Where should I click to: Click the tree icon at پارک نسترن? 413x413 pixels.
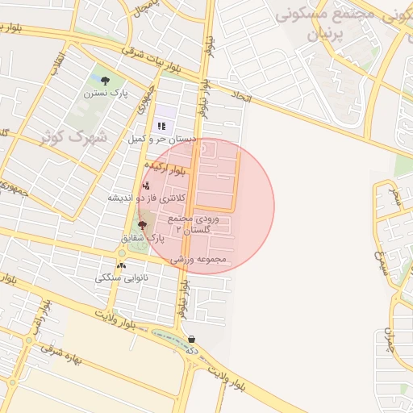click(x=105, y=81)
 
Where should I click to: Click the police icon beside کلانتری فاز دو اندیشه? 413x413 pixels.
click(x=145, y=186)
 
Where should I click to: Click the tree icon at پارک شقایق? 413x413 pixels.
click(x=143, y=226)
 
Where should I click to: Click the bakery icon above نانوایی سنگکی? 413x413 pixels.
click(x=121, y=265)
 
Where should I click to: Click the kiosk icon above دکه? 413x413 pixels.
click(x=192, y=340)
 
